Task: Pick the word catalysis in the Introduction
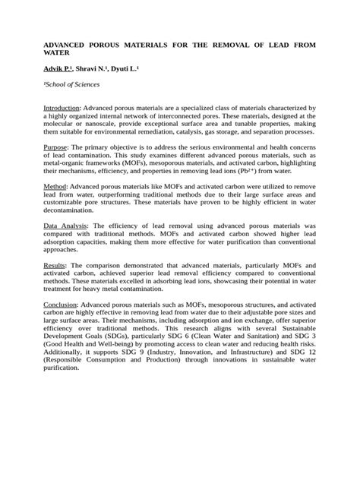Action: click(x=200, y=136)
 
